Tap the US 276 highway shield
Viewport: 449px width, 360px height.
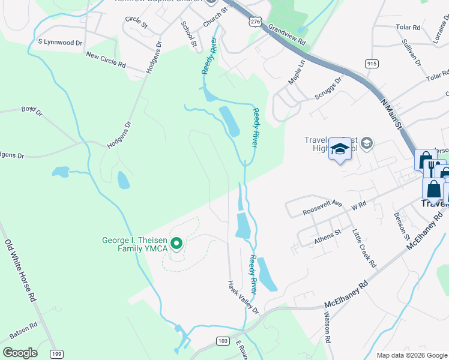[x=255, y=21]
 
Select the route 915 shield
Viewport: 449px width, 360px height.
[x=372, y=64]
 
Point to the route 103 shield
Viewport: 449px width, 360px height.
[x=223, y=341]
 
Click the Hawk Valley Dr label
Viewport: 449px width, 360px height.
[x=243, y=297]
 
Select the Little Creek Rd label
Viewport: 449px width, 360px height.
[x=364, y=248]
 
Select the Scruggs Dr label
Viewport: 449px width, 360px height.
[x=329, y=88]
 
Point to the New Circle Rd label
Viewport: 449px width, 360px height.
[x=106, y=60]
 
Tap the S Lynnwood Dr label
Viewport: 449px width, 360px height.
[x=60, y=43]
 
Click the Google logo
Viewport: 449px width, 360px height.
[x=20, y=352]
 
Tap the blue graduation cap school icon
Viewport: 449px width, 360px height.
[x=340, y=150]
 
